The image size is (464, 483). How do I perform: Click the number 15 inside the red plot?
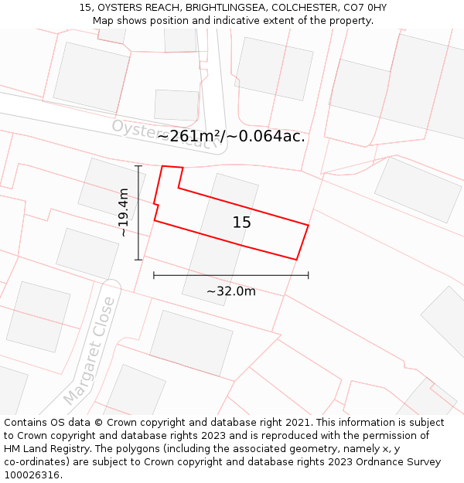pyautogui.click(x=241, y=223)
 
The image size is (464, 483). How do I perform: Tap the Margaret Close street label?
pyautogui.click(x=90, y=351)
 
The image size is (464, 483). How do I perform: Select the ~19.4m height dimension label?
pyautogui.click(x=124, y=213)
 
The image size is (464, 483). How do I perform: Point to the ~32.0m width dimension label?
pyautogui.click(x=230, y=291)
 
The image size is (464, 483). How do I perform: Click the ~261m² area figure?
pyautogui.click(x=190, y=137)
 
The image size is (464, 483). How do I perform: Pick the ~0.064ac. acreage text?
pyautogui.click(x=268, y=137)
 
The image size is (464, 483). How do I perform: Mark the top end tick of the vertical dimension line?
pyautogui.click(x=138, y=166)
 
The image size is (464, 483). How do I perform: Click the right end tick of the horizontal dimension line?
pyautogui.click(x=309, y=274)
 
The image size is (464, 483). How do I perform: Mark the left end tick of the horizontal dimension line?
pyautogui.click(x=154, y=274)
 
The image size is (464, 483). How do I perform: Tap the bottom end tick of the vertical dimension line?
pyautogui.click(x=138, y=260)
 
